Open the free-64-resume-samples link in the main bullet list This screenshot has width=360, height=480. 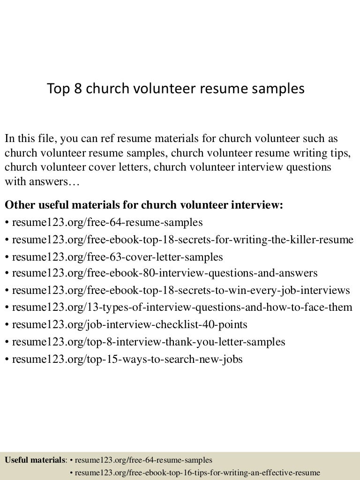pos(107,222)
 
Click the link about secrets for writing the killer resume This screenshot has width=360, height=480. pos(182,240)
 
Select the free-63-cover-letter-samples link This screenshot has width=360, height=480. pos(117,257)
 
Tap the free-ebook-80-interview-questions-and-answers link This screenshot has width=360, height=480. pos(165,273)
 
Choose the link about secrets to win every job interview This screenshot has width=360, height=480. pos(180,290)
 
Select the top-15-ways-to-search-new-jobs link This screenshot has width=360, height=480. pos(127,359)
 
